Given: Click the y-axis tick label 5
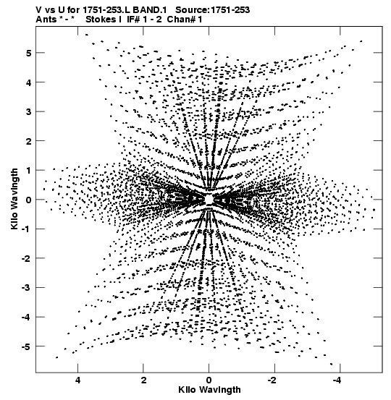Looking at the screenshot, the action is [28, 53].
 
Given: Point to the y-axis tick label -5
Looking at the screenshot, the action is [26, 346].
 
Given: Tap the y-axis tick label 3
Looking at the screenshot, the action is [28, 111].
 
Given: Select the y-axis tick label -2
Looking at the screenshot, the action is [26, 258].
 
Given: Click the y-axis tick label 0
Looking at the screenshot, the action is [28, 200].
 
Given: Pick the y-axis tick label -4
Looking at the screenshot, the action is [26, 317].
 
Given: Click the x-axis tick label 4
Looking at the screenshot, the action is [78, 380].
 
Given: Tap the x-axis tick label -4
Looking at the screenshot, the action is [338, 380].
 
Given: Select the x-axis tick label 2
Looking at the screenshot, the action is [143, 380].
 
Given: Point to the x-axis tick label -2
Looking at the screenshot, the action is [272, 380].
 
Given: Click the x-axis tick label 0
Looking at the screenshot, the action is [209, 380].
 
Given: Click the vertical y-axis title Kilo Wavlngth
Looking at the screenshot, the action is [14, 199].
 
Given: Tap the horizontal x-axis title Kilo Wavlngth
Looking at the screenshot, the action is [209, 390].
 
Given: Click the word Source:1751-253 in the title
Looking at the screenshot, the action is [212, 10].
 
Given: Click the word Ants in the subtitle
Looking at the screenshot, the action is [46, 20].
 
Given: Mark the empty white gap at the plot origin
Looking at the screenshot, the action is [209, 199].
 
